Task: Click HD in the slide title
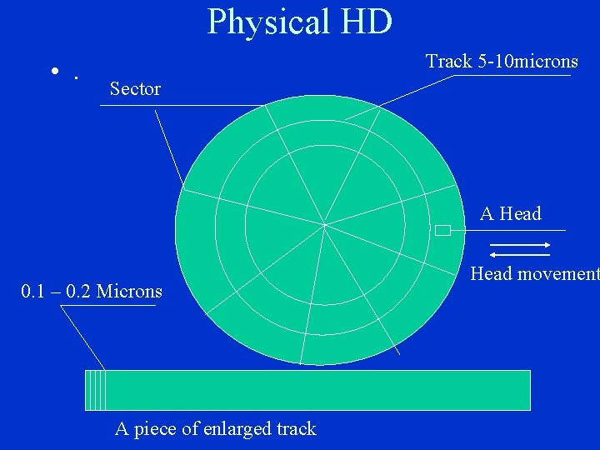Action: (x=364, y=22)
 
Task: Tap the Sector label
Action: (x=135, y=88)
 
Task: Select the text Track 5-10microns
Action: (x=502, y=61)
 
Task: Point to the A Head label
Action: (x=511, y=214)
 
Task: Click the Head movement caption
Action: (x=534, y=273)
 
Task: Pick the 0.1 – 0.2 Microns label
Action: (x=92, y=292)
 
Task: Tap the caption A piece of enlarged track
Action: (x=216, y=429)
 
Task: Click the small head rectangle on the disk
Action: (x=442, y=231)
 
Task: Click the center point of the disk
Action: (x=324, y=224)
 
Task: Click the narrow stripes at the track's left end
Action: (x=96, y=390)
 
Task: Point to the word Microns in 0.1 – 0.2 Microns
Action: (x=129, y=292)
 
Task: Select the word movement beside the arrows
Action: (x=557, y=273)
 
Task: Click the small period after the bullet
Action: (x=76, y=77)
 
